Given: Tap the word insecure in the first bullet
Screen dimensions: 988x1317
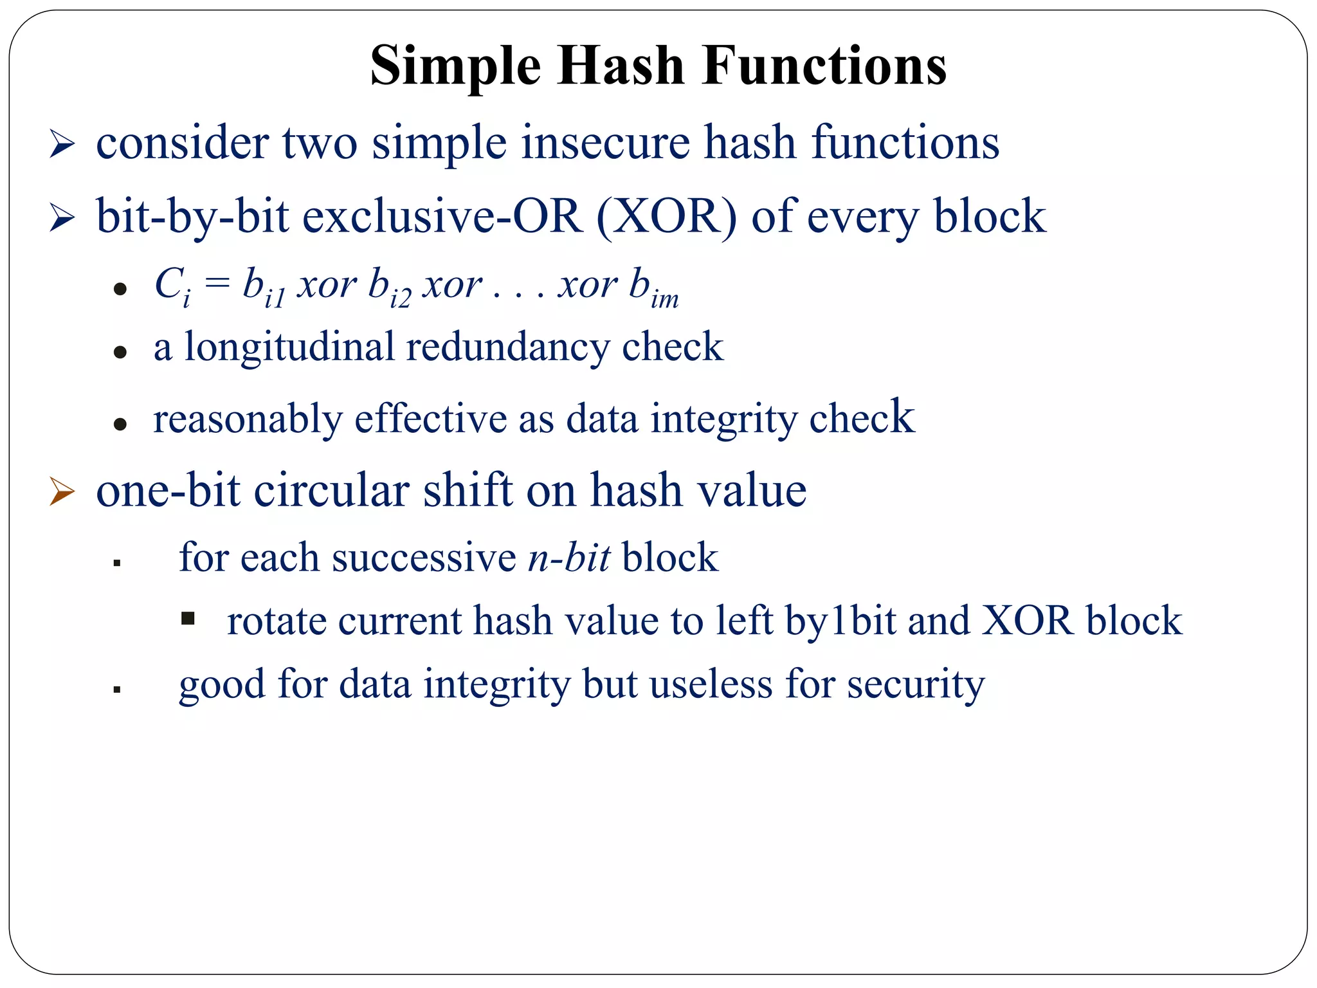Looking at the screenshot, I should (x=605, y=143).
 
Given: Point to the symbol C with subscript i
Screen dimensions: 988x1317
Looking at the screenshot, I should (x=172, y=285).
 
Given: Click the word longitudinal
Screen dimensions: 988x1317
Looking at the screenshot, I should (x=289, y=347).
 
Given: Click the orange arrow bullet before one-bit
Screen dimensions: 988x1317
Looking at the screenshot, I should (x=62, y=493).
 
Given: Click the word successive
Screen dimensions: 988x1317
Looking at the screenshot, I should (x=424, y=558).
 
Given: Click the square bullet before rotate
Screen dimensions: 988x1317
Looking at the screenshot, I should (x=188, y=619).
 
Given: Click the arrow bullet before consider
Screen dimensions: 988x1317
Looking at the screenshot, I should (x=62, y=144).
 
